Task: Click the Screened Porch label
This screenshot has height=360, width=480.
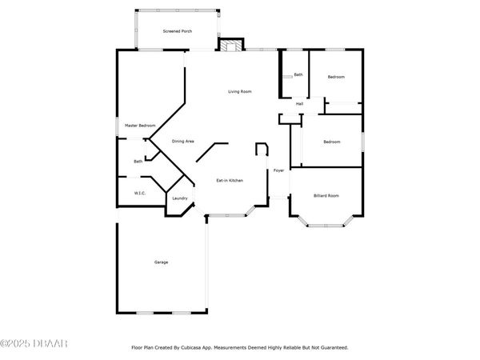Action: pyautogui.click(x=177, y=31)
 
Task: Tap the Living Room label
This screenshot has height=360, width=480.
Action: pyautogui.click(x=240, y=92)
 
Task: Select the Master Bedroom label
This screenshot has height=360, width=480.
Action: pyautogui.click(x=140, y=126)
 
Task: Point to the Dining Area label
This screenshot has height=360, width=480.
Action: pyautogui.click(x=183, y=142)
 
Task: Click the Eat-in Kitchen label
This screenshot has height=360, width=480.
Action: pyautogui.click(x=230, y=181)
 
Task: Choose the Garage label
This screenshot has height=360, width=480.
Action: pyautogui.click(x=162, y=262)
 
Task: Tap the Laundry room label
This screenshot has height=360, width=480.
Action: pyautogui.click(x=180, y=198)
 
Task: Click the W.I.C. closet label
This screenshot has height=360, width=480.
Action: pyautogui.click(x=139, y=193)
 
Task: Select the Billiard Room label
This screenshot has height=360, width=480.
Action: pyautogui.click(x=326, y=196)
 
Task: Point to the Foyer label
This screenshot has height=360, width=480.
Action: pyautogui.click(x=279, y=170)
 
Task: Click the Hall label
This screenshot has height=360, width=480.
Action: pyautogui.click(x=299, y=104)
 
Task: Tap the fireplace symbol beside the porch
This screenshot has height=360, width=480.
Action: pyautogui.click(x=230, y=45)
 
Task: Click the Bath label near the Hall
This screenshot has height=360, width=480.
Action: pyautogui.click(x=298, y=75)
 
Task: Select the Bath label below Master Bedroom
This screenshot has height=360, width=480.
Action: pyautogui.click(x=138, y=162)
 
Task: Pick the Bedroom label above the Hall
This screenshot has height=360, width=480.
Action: pyautogui.click(x=336, y=77)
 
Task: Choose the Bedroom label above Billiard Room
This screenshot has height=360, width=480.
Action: pyautogui.click(x=331, y=142)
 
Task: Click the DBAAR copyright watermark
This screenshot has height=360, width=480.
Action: pyautogui.click(x=34, y=344)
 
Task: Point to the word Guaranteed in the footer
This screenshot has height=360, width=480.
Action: pyautogui.click(x=334, y=348)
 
